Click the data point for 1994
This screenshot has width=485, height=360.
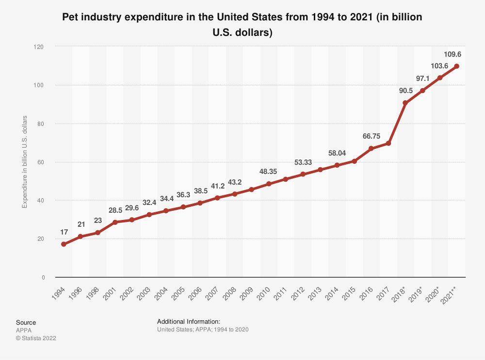click(64, 244)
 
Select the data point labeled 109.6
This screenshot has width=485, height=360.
click(456, 66)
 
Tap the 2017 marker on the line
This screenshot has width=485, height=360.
click(388, 143)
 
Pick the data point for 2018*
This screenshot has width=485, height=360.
click(405, 103)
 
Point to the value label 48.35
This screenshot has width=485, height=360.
click(268, 172)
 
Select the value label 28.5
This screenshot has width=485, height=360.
click(114, 210)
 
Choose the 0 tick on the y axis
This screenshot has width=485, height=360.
click(43, 277)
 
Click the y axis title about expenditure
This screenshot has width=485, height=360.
click(25, 162)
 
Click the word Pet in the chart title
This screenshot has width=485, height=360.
click(70, 18)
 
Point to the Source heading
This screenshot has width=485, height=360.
click(26, 322)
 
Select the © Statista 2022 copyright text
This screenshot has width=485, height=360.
click(36, 338)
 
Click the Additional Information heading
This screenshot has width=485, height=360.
click(189, 321)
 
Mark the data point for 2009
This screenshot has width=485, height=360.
click(251, 189)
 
